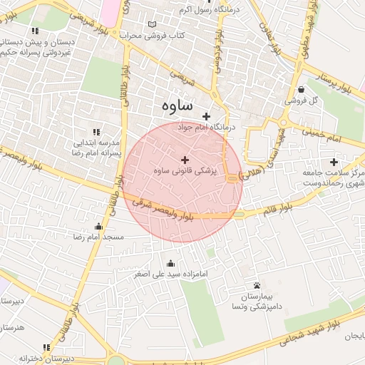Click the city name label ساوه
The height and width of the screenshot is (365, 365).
click(x=173, y=106)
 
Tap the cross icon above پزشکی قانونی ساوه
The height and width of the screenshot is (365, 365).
click(x=185, y=160)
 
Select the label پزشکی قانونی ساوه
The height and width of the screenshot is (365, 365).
click(x=185, y=171)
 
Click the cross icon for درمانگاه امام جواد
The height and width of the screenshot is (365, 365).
click(x=207, y=116)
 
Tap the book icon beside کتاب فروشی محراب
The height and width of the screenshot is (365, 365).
click(x=151, y=24)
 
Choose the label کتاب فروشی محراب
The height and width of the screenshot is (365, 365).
click(x=152, y=35)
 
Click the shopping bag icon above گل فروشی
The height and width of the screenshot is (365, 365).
click(x=303, y=90)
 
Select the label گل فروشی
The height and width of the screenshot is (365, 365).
click(x=301, y=101)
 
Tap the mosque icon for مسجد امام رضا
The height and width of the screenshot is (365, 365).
click(x=98, y=226)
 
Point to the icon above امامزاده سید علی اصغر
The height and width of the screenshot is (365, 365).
click(x=169, y=262)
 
